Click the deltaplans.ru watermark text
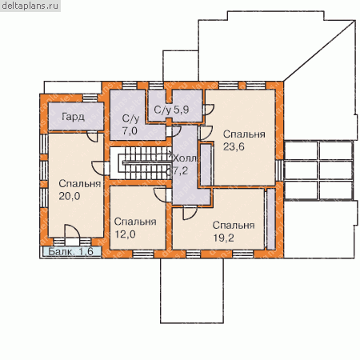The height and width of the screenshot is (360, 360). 30,6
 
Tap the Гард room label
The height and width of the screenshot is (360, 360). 73,117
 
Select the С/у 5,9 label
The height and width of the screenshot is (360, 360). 171,110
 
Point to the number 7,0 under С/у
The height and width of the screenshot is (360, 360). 130,130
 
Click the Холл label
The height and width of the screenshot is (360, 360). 185,158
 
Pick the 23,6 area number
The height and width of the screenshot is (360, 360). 234,146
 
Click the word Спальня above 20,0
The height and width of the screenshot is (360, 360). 79,183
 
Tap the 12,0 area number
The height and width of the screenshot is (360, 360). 125,234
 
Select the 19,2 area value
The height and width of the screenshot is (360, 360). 223,238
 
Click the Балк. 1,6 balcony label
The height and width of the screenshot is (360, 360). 70,251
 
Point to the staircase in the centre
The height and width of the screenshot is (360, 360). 141,163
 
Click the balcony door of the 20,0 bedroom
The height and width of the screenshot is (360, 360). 72,235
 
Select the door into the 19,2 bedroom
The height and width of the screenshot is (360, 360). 190,213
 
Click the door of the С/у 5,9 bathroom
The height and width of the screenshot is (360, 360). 208,110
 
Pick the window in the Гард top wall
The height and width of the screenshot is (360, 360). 90,98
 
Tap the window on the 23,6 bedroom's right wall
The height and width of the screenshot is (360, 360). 279,170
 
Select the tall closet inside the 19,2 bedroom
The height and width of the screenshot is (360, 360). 271,219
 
